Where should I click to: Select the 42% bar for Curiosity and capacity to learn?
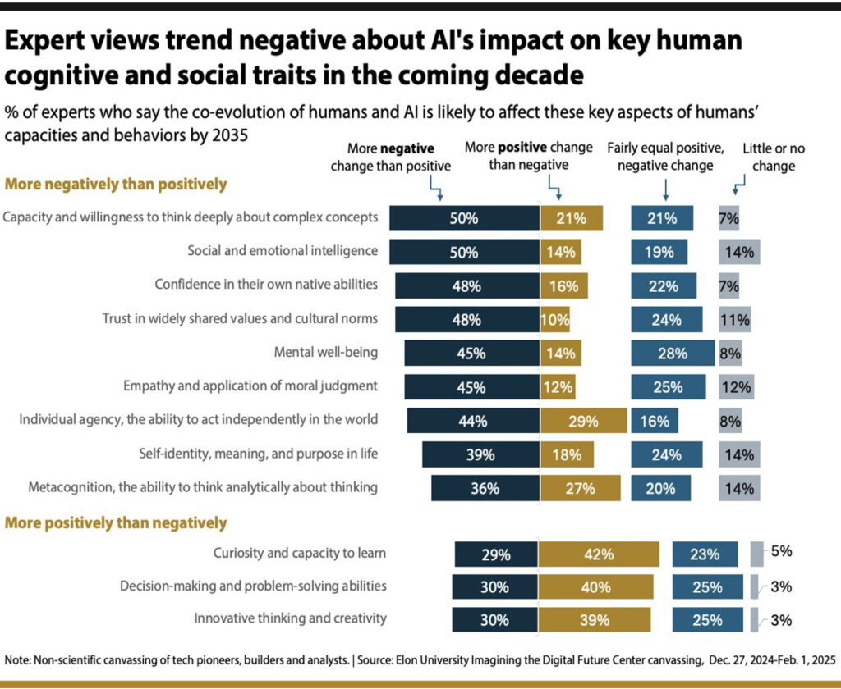coord(599,554)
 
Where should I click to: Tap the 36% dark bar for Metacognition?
coord(485,487)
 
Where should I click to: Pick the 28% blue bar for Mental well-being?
coord(672,354)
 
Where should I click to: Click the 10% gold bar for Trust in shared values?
coord(555,320)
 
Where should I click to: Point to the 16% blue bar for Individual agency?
coord(655,420)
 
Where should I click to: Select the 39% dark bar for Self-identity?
coord(480,454)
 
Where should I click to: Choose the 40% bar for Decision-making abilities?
coord(596,586)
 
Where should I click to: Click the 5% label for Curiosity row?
coord(781,551)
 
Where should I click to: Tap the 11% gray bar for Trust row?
coord(735,320)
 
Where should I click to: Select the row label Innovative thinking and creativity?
coord(290,618)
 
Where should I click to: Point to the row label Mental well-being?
coord(325,353)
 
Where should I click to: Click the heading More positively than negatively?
coord(116,522)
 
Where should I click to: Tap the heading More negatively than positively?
coord(116,185)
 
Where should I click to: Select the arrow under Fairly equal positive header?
coord(664,191)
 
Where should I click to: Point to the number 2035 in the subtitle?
coord(227,134)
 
